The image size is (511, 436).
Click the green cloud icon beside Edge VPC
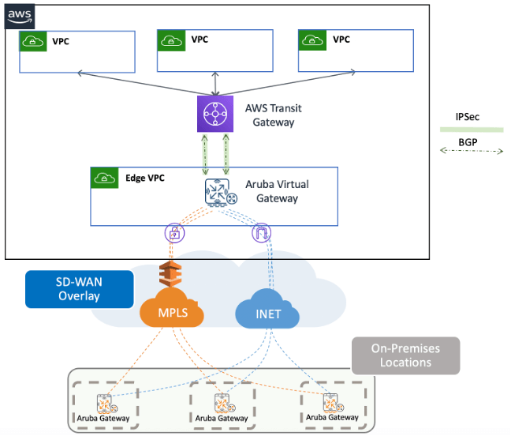104,178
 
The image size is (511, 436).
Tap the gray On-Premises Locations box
405,355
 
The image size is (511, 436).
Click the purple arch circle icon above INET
261,233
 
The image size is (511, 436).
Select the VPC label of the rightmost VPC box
341,39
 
